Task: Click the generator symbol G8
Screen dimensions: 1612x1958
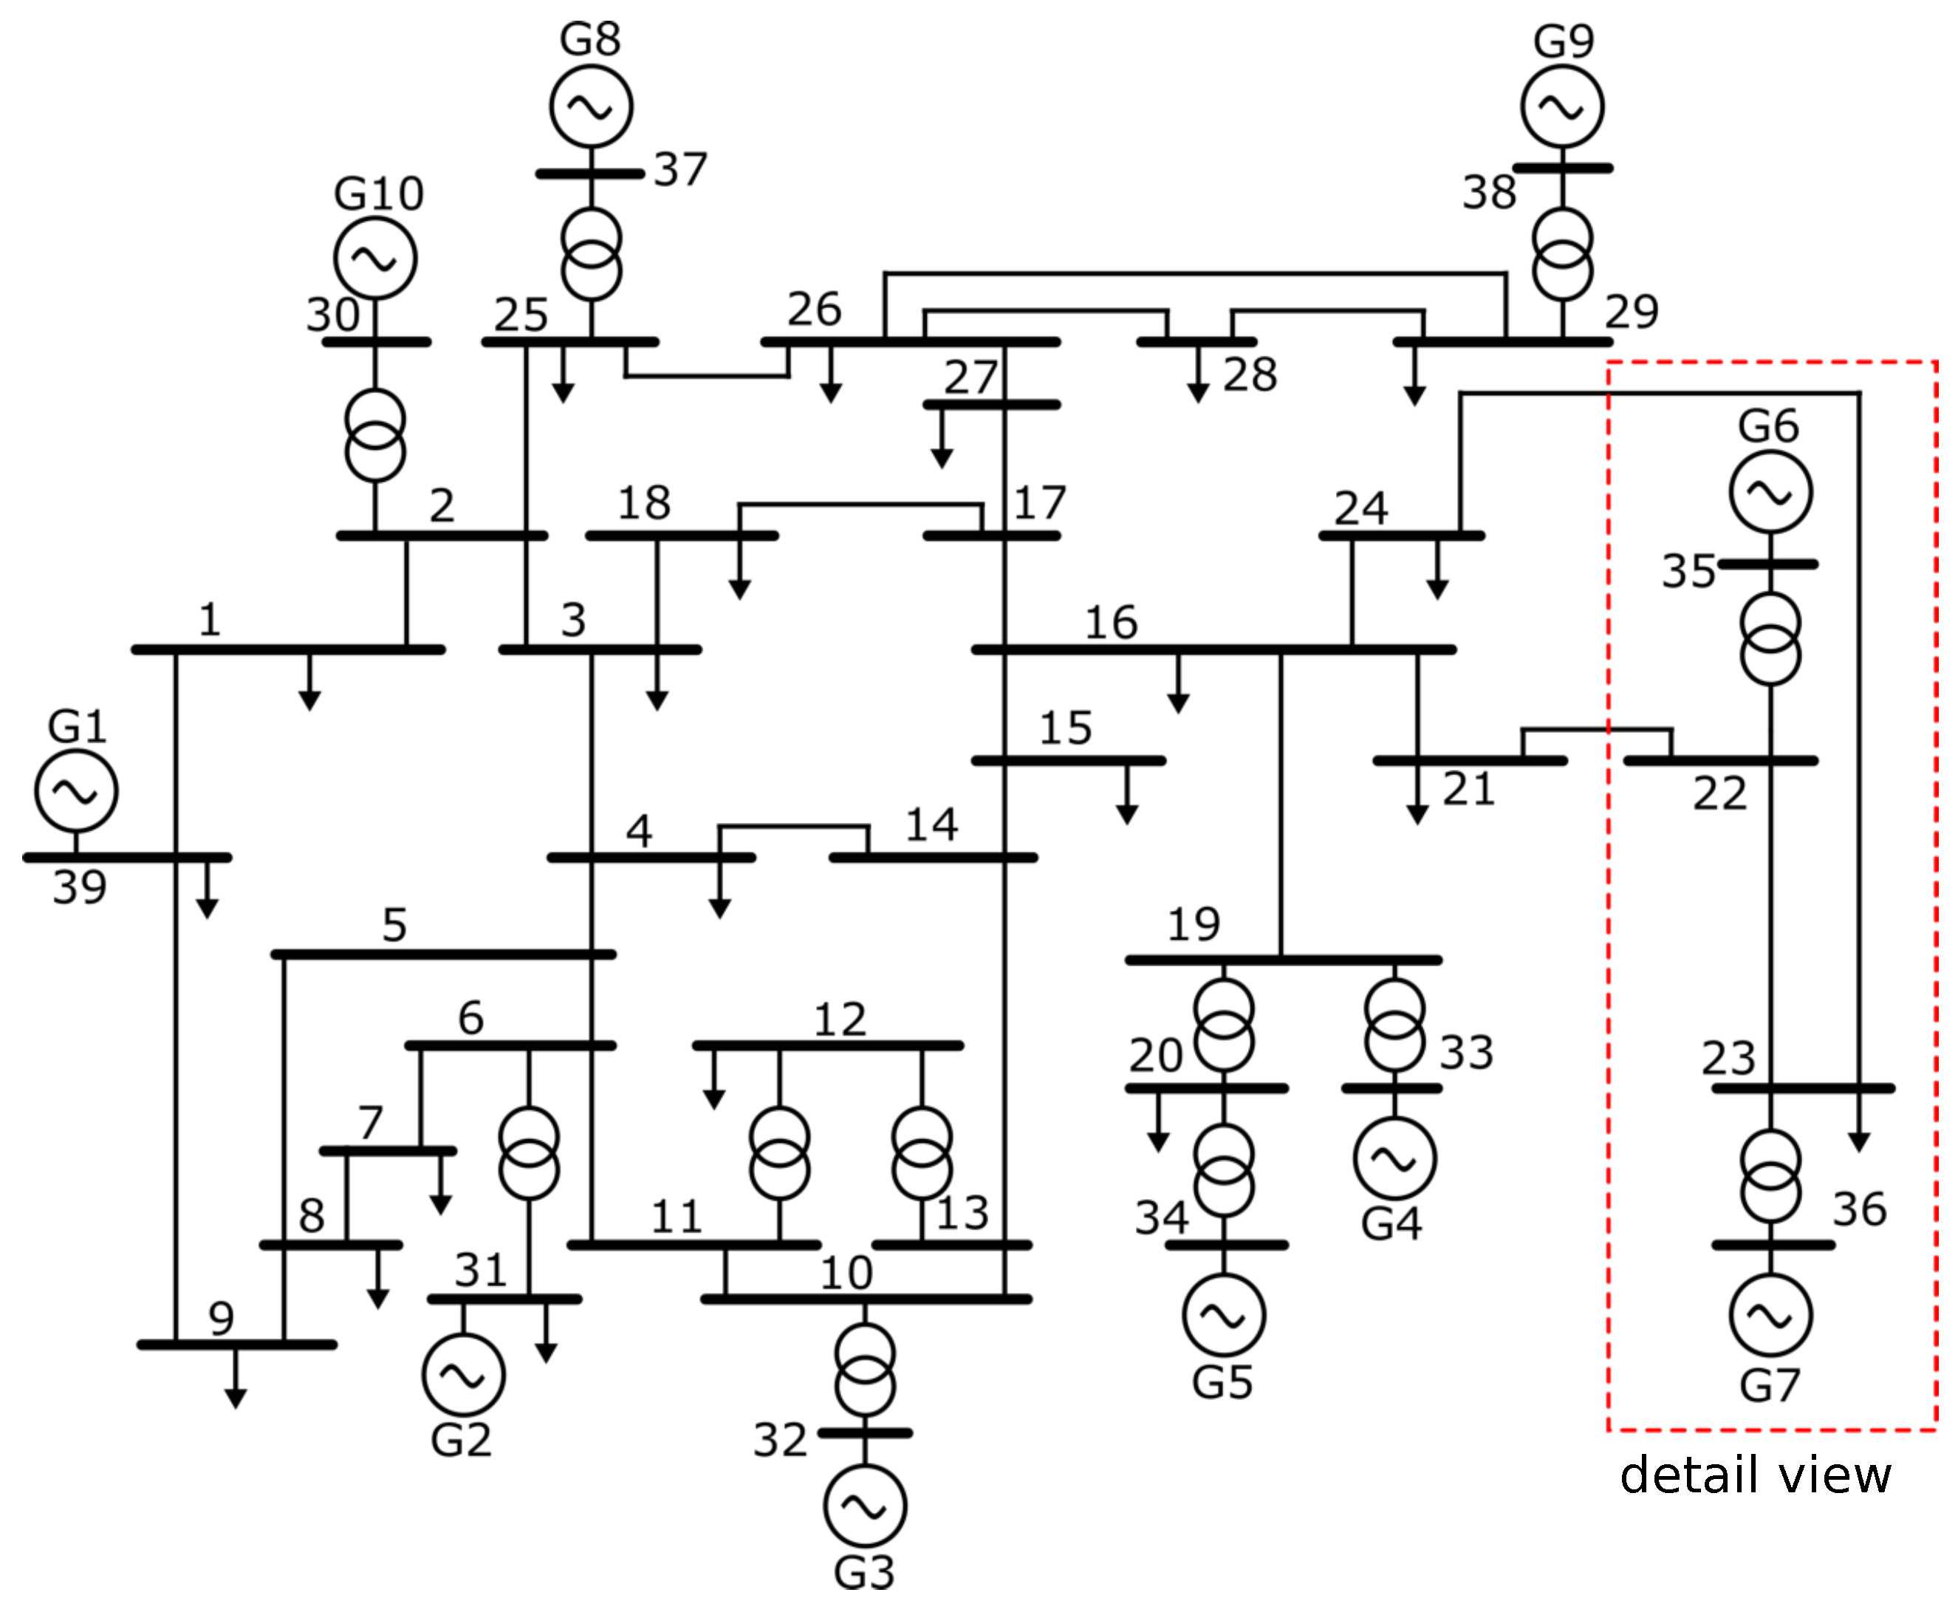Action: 590,107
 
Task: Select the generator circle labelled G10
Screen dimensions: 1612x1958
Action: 375,258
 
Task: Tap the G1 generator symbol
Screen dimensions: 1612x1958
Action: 76,791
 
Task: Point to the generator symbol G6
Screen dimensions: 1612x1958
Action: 1770,492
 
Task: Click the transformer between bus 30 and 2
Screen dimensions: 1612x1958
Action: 375,435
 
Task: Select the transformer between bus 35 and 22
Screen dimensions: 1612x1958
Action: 1770,640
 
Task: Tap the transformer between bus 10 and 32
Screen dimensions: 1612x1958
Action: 864,1370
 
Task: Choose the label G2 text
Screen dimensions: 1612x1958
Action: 460,1440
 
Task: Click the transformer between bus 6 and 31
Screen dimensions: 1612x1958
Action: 528,1152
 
